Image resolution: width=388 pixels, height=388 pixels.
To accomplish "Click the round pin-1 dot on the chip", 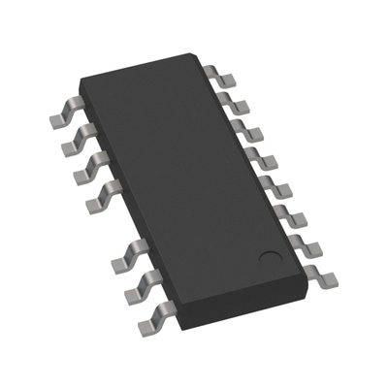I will click(271, 258).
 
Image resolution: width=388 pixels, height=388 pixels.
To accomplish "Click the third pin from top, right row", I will click(248, 130).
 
